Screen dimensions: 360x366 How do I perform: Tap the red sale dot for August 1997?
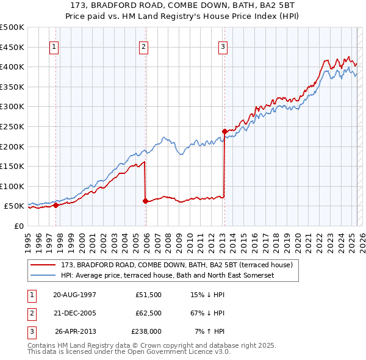(x=56, y=205)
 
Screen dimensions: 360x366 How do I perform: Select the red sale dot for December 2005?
(x=145, y=201)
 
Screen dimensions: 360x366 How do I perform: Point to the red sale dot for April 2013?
(x=224, y=131)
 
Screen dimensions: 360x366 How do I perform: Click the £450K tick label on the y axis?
(x=12, y=47)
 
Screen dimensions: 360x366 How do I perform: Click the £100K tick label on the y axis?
(x=12, y=186)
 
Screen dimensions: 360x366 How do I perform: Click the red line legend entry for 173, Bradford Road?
(x=177, y=265)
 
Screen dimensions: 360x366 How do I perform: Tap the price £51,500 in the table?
(x=148, y=295)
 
